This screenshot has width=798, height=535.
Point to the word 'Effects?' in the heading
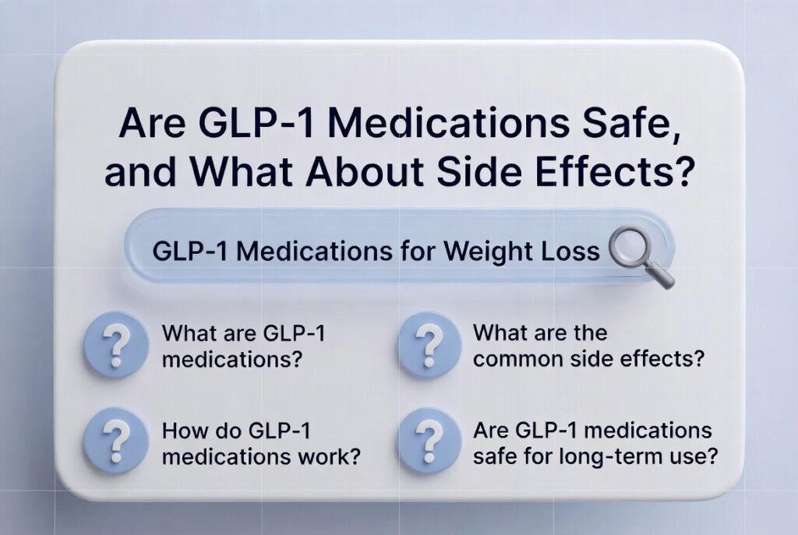coord(619,171)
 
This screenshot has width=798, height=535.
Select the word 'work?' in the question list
coord(329,456)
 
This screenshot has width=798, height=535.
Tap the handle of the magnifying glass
coord(659,275)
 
